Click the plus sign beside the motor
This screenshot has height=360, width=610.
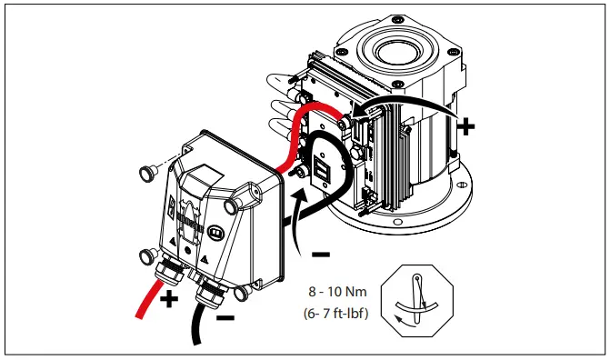(x=465, y=125)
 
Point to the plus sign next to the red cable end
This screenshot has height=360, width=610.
(x=170, y=300)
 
